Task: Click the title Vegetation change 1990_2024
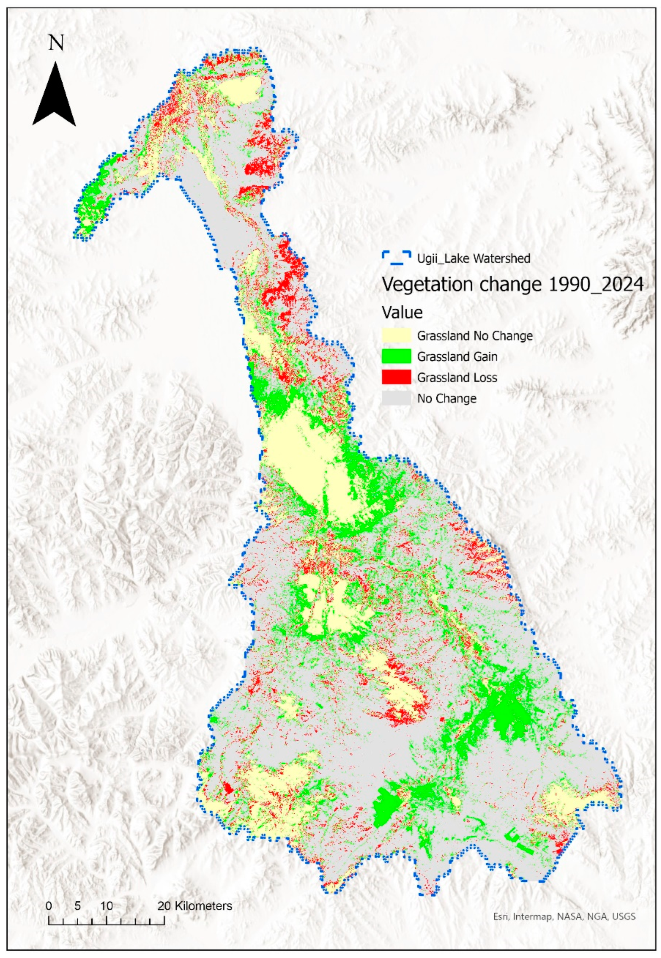pos(512,285)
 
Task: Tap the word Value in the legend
pos(402,313)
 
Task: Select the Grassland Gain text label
pos(457,356)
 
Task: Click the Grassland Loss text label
pos(457,377)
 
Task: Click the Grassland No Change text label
pos(475,335)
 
